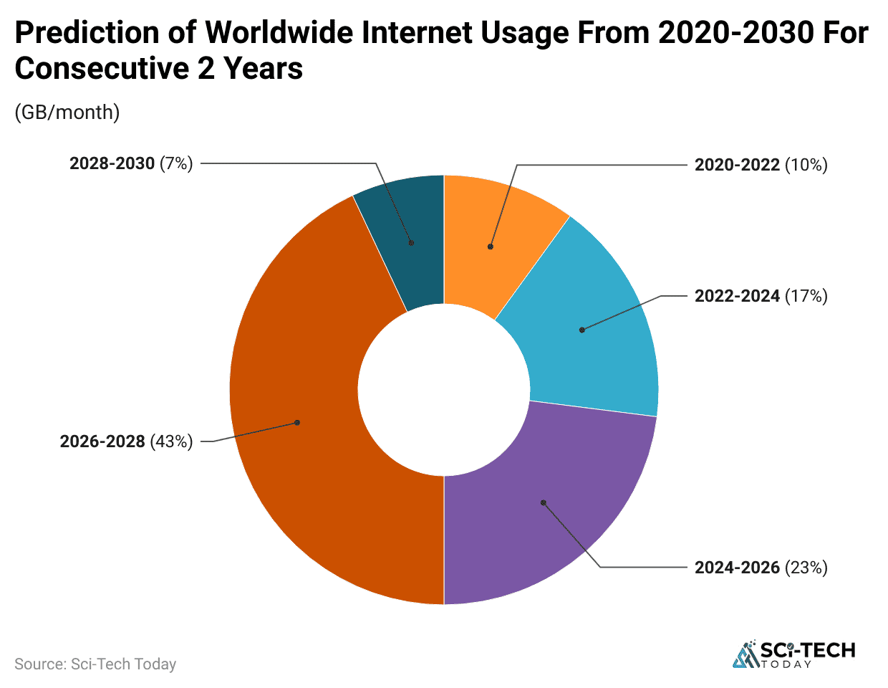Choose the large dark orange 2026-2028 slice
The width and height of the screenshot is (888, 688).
pos(301,430)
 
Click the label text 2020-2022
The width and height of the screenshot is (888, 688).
pos(737,165)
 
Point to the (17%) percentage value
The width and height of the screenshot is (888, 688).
pos(806,296)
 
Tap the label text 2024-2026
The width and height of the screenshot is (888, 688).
pos(737,568)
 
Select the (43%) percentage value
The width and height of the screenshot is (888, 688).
pos(171,441)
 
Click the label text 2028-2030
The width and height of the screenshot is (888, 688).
pos(112,163)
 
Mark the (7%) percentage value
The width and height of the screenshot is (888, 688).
pos(176,163)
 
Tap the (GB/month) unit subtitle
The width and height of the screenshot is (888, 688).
pos(67,113)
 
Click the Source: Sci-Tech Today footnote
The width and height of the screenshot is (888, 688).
pos(95,664)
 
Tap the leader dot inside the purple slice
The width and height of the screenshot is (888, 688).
pos(544,503)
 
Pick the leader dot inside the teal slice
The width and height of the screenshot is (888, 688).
pos(411,243)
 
